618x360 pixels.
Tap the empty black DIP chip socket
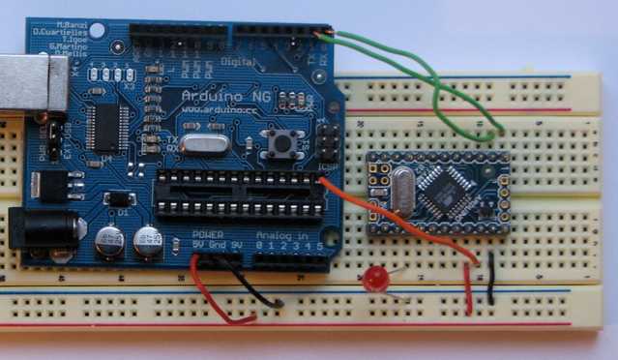pyautogui.click(x=236, y=195)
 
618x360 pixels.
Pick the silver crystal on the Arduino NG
pyautogui.click(x=203, y=145)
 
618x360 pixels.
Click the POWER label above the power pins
pyautogui.click(x=208, y=235)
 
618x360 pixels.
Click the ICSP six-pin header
pyautogui.click(x=327, y=142)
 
